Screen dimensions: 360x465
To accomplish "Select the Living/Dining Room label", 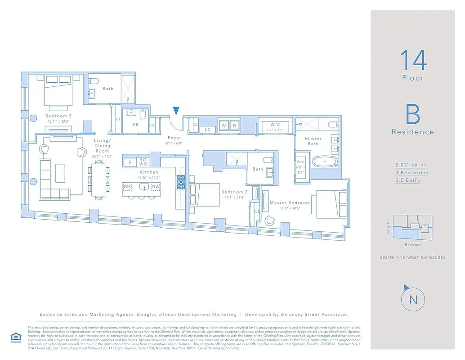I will (102, 146).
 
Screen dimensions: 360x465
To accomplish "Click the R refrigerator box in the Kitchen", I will (130, 162).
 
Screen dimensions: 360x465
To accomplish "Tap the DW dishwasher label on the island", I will (156, 187).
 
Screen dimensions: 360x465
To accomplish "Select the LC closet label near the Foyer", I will (208, 130).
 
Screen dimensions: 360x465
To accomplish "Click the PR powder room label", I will (136, 125).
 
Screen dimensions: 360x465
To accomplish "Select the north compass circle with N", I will (412, 299).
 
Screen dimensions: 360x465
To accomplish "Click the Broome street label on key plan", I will (412, 245).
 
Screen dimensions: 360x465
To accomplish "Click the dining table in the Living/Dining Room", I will (99, 180).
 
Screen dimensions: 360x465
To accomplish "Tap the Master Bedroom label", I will (290, 203).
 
